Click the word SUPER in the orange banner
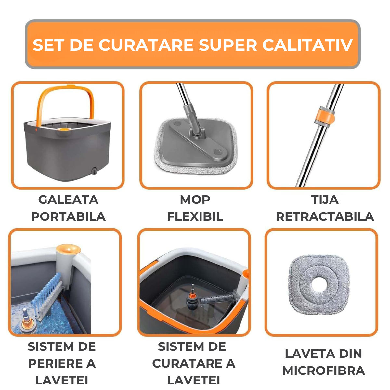click(x=228, y=45)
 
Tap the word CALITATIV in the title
click(x=308, y=45)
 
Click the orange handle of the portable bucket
click(x=65, y=101)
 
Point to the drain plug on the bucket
click(x=94, y=171)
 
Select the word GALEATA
click(x=68, y=200)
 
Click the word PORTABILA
click(x=68, y=217)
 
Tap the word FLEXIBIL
click(x=195, y=217)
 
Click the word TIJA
click(x=325, y=200)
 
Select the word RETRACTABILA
click(x=325, y=217)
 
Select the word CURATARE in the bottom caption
click(x=188, y=363)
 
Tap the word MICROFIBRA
click(x=323, y=371)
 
